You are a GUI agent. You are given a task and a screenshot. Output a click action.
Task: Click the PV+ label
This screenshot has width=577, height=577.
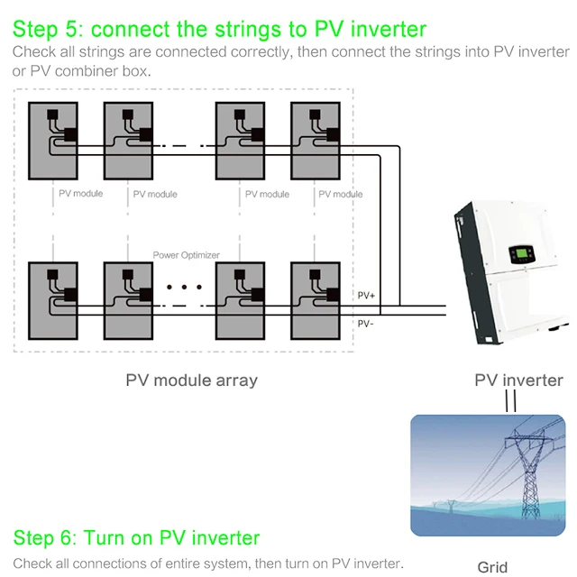coord(367,296)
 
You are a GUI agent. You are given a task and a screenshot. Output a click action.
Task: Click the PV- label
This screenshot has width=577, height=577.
coord(366,323)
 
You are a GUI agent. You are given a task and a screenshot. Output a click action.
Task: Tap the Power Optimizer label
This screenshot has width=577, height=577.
coord(187,255)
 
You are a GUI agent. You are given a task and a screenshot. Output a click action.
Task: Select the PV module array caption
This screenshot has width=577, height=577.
coord(191,380)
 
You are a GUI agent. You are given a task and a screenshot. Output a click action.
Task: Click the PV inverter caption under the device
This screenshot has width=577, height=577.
coord(518,380)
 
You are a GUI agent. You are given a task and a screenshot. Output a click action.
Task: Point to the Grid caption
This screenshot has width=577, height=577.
coord(492,567)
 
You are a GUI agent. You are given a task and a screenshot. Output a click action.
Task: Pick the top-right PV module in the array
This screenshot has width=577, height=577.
coord(315,140)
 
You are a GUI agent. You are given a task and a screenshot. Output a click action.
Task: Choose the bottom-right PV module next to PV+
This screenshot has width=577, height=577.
coord(315,298)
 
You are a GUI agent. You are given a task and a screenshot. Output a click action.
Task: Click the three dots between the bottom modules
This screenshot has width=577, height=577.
coord(185,288)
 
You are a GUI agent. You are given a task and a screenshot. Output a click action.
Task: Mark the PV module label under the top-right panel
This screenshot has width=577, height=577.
coord(341,194)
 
